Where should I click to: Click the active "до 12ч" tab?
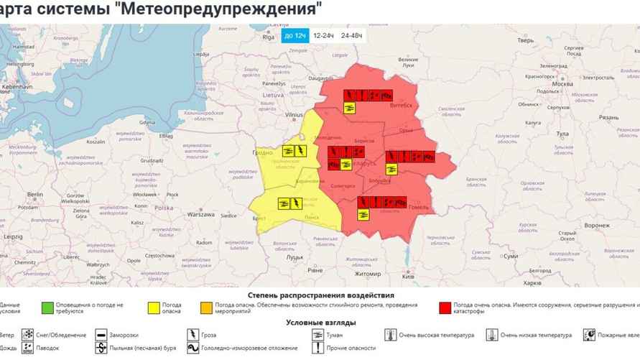click(295, 34)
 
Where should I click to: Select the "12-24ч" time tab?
click(324, 34)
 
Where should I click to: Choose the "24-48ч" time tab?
click(352, 34)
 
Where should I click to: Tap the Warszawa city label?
click(201, 214)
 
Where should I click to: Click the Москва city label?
click(562, 83)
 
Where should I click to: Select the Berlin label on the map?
click(35, 195)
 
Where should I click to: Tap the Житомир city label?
click(367, 274)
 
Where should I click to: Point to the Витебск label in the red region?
click(402, 105)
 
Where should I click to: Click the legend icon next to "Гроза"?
click(193, 335)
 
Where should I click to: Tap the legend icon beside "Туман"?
click(317, 335)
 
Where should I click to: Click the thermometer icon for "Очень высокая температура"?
click(390, 335)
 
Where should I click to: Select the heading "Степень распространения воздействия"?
click(320, 295)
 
